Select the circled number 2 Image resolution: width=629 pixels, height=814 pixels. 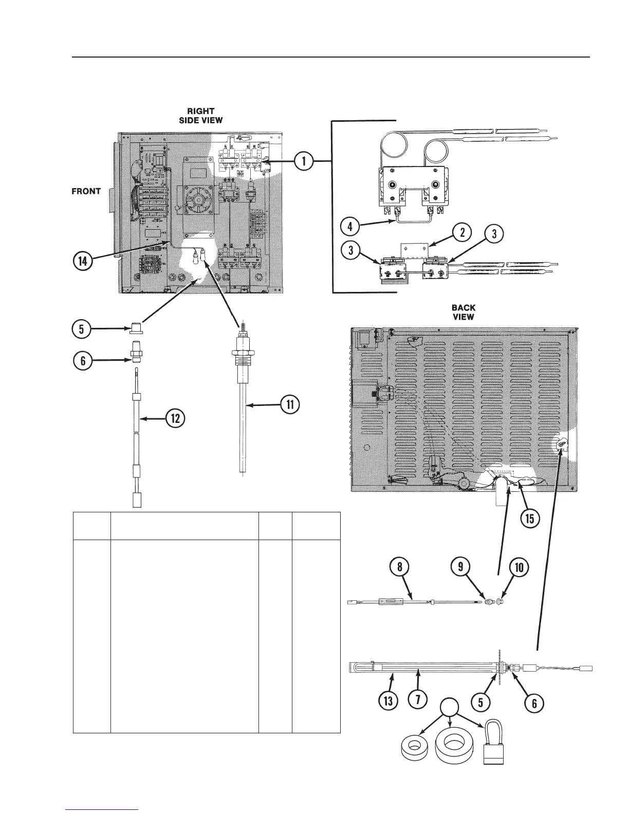point(462,232)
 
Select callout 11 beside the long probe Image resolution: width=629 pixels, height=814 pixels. point(290,405)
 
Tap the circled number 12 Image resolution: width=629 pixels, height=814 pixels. point(175,419)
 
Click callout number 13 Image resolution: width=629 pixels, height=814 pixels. point(388,702)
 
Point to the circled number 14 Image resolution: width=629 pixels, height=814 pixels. point(83,261)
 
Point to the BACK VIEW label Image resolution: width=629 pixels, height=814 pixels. point(463,312)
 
